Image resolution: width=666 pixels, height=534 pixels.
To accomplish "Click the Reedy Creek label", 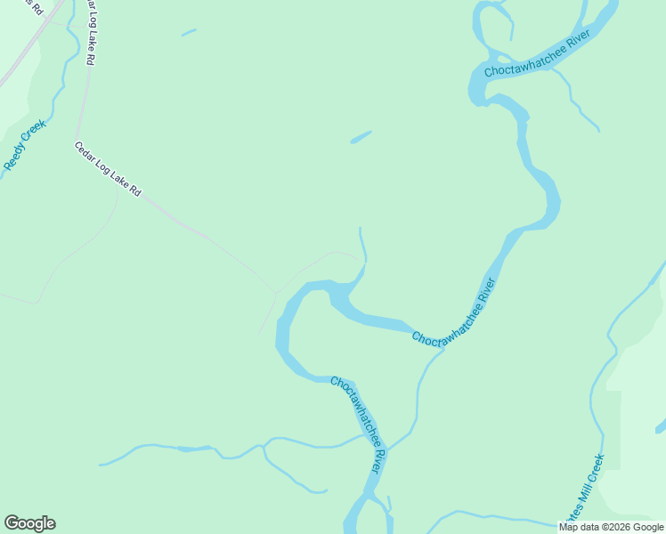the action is pos(24,146).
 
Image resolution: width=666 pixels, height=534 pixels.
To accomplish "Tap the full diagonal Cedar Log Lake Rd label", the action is pos(108,169).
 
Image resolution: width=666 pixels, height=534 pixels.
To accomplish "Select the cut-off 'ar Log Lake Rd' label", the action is pos(90,33).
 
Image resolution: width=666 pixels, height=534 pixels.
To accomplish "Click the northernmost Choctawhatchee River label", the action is pos(538,58).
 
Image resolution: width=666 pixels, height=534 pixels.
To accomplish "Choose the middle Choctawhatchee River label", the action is pos(453,314).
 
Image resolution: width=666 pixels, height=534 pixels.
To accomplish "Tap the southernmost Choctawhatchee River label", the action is pos(360,425).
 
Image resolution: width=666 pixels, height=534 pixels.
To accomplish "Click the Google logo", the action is pos(29,523).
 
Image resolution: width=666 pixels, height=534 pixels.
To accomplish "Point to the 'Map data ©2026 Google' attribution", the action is pos(611,527).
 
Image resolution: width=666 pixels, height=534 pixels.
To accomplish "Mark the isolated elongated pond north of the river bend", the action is pos(361,137).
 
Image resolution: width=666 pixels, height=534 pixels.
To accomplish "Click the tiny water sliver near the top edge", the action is pos(189,33).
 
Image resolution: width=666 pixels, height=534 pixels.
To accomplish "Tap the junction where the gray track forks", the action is pos(276,293).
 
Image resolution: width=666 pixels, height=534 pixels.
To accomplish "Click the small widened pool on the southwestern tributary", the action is pos(184,449).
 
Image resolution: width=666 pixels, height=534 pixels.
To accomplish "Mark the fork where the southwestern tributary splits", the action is pos(264,443).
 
